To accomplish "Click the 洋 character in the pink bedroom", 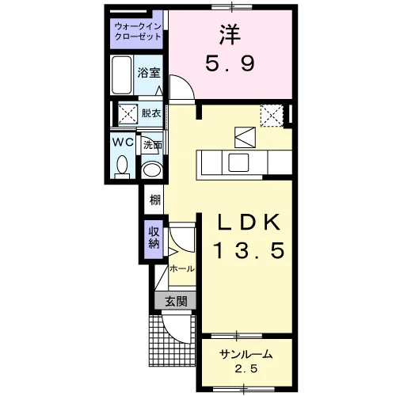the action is [x=230, y=35].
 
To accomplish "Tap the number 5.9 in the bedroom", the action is [x=230, y=64].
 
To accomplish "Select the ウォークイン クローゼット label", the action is [x=138, y=32].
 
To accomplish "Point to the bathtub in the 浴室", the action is [x=122, y=75].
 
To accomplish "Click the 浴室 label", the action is [x=149, y=73].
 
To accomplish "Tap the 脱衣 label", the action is [x=151, y=113].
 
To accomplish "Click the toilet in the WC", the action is [x=122, y=168].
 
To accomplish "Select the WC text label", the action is [x=124, y=143].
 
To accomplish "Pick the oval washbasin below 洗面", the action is [x=151, y=169].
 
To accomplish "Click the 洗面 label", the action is [x=152, y=145].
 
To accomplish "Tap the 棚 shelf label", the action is [x=155, y=200].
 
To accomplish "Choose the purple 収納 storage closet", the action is [x=154, y=238].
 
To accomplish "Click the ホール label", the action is [x=182, y=268].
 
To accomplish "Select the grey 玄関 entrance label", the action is [x=176, y=301].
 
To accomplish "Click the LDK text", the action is [x=248, y=223].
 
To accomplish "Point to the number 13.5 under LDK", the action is [x=249, y=250].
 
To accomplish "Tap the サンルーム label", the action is [x=246, y=354].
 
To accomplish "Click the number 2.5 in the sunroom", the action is [x=246, y=368].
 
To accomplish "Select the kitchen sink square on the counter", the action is [x=238, y=162].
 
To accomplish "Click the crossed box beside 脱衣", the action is [x=128, y=114].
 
